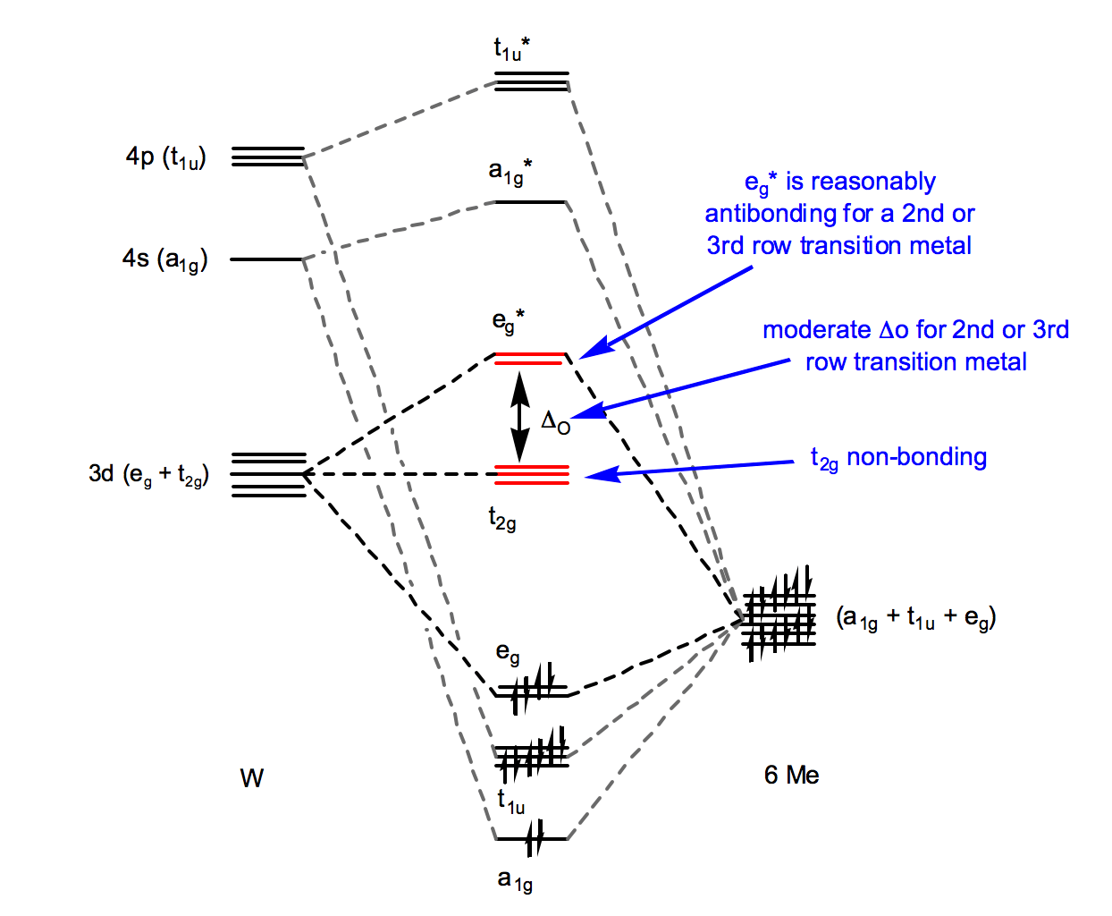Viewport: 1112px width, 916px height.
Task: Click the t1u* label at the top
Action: click(x=511, y=49)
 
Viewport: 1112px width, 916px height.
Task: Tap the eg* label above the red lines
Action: click(x=508, y=322)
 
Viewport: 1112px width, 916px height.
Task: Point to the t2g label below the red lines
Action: click(x=501, y=518)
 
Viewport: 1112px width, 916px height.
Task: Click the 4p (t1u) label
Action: click(x=166, y=157)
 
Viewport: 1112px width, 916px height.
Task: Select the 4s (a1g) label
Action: click(x=165, y=259)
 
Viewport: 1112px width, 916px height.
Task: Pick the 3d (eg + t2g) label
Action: click(x=148, y=474)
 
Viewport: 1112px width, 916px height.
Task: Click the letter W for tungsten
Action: click(x=251, y=778)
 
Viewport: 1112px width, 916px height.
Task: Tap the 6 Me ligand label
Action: click(x=791, y=775)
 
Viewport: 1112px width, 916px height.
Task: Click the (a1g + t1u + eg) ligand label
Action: click(x=916, y=617)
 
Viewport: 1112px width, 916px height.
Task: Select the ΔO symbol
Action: click(x=555, y=421)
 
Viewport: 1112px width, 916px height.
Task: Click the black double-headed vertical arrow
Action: click(x=519, y=416)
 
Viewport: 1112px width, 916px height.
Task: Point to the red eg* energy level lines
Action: click(x=530, y=359)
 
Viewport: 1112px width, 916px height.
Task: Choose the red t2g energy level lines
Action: click(x=532, y=474)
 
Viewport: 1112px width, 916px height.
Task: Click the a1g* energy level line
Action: click(x=531, y=202)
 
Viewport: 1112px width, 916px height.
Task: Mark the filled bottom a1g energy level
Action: click(x=532, y=839)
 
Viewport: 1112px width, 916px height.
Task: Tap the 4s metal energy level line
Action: click(x=267, y=259)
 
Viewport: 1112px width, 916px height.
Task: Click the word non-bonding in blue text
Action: click(x=916, y=457)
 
